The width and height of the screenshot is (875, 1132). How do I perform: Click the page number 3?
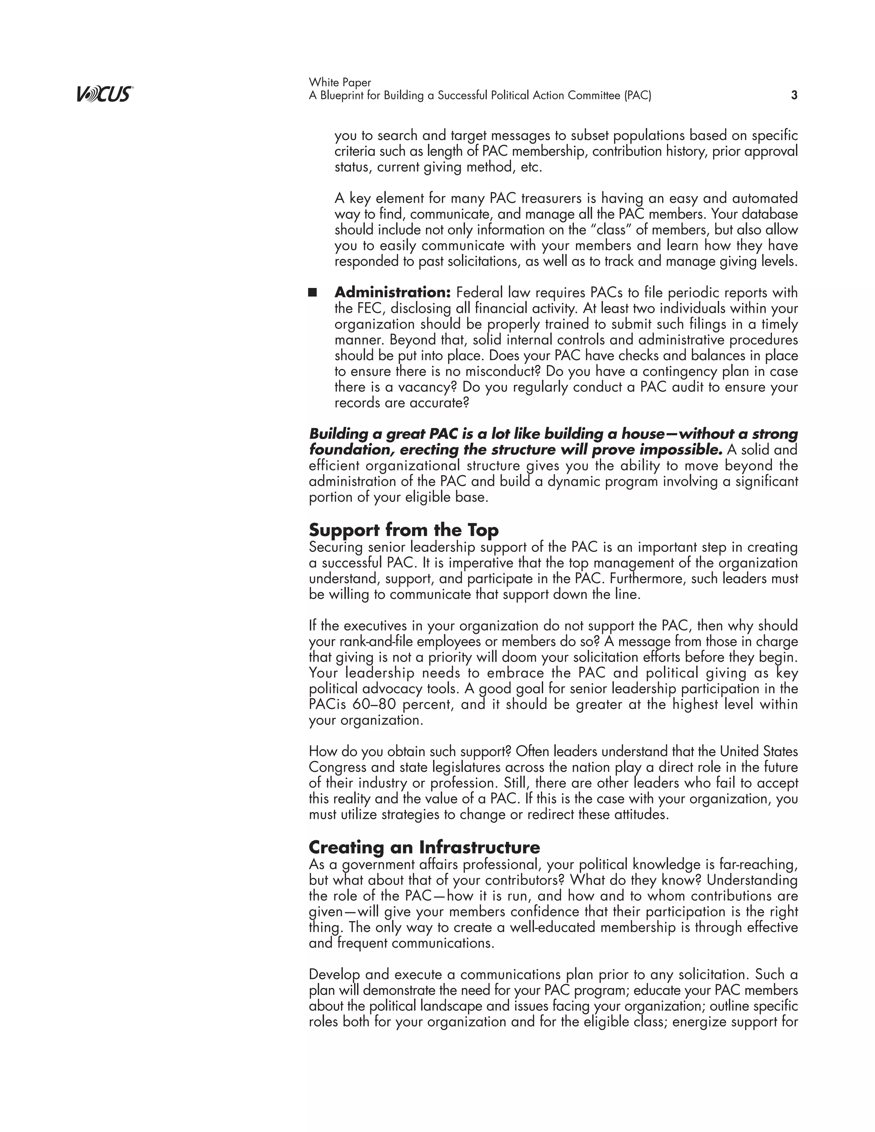pos(794,95)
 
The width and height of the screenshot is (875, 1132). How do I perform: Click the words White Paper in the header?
pos(340,82)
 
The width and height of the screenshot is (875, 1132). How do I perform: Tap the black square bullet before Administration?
pos(313,292)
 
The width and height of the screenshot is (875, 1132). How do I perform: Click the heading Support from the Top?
pos(403,530)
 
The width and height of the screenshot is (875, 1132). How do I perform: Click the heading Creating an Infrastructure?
pos(424,847)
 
